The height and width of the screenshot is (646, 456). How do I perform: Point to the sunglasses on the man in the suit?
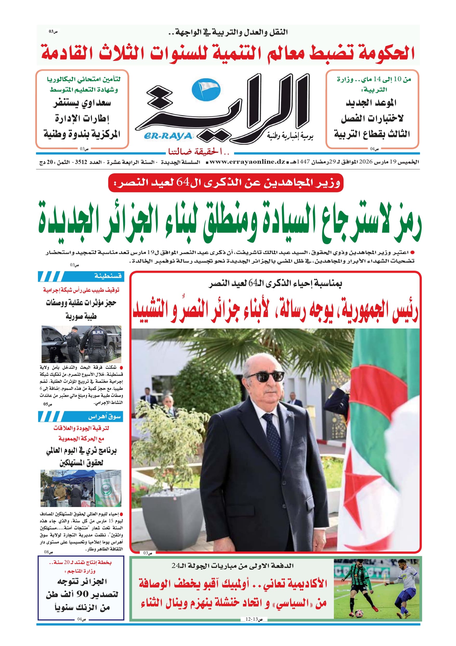(265, 377)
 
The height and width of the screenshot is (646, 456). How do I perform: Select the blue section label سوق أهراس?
(104, 416)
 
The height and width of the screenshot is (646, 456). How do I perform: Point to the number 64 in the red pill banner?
(183, 183)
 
